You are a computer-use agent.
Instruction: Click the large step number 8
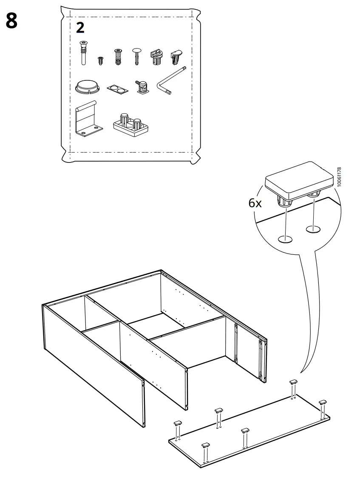(x=11, y=21)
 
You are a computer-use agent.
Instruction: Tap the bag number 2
(x=79, y=28)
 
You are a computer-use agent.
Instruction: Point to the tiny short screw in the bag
(x=101, y=60)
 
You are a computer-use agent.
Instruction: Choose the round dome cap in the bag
(x=86, y=87)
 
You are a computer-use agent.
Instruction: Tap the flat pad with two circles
(x=117, y=89)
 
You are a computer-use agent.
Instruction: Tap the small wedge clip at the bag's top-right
(x=176, y=56)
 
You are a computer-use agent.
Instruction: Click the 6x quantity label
(x=255, y=203)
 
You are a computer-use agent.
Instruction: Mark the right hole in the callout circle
(x=313, y=230)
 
